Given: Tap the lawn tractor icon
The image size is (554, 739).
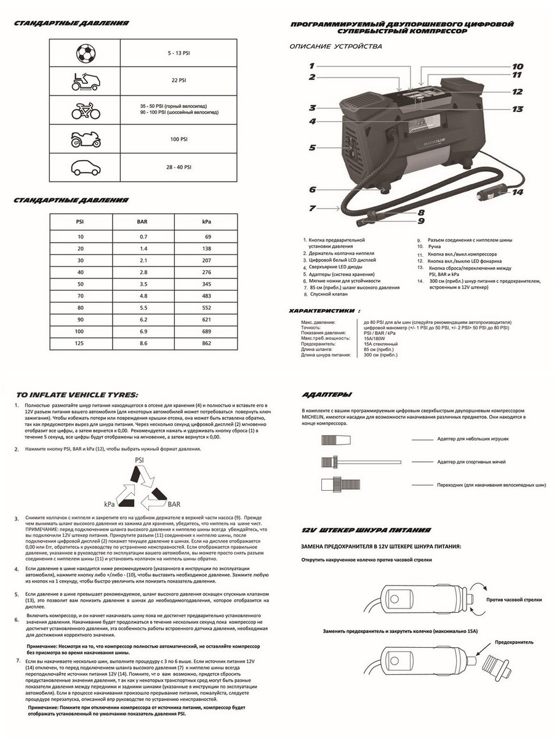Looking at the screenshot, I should pos(86,81).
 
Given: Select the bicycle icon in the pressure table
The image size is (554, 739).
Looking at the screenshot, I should pos(86,110).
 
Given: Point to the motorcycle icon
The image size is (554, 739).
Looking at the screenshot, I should pos(86,140).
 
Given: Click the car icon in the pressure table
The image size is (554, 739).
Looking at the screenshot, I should pos(86,167).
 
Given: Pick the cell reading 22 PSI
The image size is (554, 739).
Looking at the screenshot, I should pos(179,81).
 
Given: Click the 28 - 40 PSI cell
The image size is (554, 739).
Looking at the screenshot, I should pos(179,167).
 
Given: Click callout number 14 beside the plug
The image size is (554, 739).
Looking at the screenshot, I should pos(516,192).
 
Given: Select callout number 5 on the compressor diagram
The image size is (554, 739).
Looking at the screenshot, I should pos(312,148).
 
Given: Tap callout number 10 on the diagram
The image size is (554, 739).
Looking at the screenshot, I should pos(517,67).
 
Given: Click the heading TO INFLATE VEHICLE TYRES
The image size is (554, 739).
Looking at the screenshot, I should pos(77,395).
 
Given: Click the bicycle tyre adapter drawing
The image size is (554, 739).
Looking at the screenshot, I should pos(342,483).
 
